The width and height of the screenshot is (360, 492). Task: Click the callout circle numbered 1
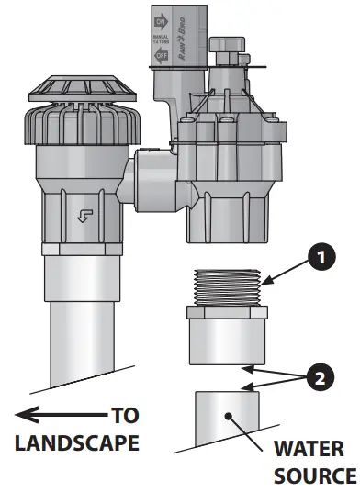tap(321, 260)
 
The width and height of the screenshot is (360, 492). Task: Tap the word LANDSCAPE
tap(76, 443)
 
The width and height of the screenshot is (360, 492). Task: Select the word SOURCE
tap(315, 476)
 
